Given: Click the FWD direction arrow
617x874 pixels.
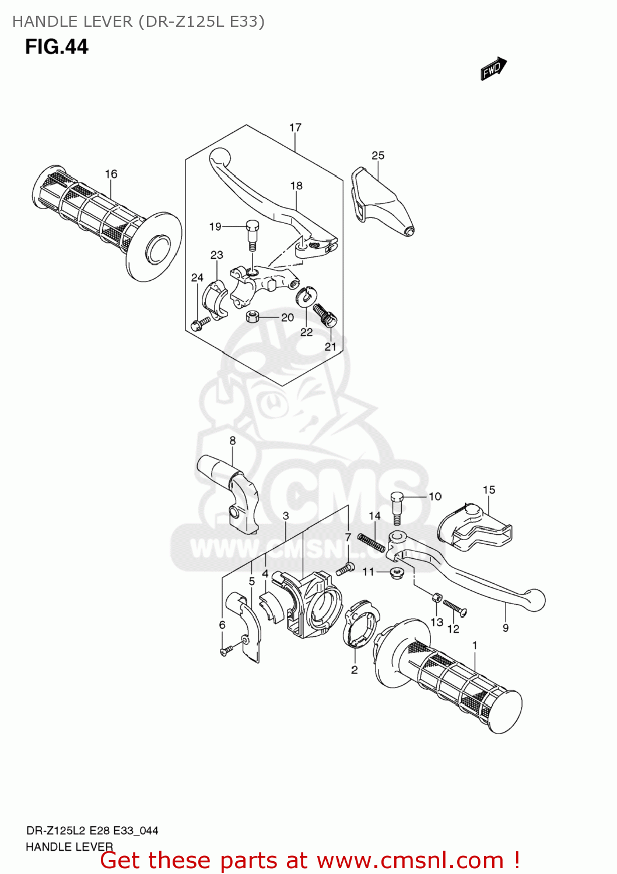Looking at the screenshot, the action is [493, 69].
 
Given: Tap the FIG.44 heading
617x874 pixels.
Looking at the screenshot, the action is [57, 47].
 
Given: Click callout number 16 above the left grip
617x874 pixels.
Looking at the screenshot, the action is [111, 174].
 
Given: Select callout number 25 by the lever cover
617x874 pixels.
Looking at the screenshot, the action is [378, 155].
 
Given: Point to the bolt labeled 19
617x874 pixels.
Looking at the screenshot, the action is [253, 233].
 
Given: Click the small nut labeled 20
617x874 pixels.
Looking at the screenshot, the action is [253, 316].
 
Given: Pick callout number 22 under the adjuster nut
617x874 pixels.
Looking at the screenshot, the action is [307, 332].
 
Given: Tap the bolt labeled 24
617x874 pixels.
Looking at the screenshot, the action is [200, 323].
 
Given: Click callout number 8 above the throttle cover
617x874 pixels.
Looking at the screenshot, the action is [232, 440].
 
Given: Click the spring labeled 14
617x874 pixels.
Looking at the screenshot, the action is [371, 542].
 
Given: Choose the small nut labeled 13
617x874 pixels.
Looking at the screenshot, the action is [436, 597].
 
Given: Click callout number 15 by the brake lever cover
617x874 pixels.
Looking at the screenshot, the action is [489, 490].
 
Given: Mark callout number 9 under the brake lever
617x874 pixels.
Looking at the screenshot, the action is [506, 628].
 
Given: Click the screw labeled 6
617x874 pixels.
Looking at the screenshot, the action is [227, 650].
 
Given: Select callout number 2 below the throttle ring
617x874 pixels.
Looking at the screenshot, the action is [354, 670].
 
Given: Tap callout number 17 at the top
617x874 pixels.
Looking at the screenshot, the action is [295, 127].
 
